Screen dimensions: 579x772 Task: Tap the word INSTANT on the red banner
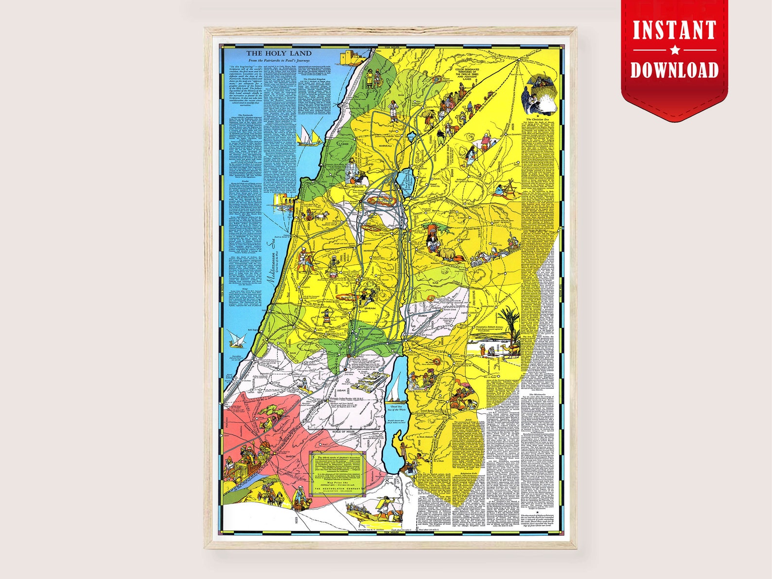674,30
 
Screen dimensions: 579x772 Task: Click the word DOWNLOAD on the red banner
674,70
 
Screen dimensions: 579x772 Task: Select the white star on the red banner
674,50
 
